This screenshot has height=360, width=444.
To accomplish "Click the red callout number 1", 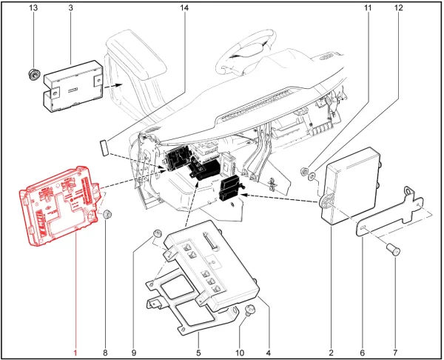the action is tap(75, 353).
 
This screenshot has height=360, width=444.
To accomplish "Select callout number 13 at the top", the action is tap(33, 7).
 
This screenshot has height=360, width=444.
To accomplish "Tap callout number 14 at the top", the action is tap(184, 7).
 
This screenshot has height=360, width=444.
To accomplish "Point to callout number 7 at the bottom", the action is tap(395, 353).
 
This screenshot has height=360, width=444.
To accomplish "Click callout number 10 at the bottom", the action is tap(240, 353).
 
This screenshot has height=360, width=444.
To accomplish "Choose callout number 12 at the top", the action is tap(398, 7).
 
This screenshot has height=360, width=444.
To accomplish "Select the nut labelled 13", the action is tap(34, 75).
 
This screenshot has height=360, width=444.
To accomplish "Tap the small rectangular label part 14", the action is tap(104, 147).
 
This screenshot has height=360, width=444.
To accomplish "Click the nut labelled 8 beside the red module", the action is tap(107, 214).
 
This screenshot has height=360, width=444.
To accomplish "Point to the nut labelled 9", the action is tap(157, 234).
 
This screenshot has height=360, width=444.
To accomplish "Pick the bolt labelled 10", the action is tap(249, 310).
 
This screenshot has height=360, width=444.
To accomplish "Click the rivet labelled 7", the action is tap(394, 250).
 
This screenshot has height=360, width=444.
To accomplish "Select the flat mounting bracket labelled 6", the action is tap(390, 211).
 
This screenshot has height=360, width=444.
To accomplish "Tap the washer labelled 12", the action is tap(312, 176).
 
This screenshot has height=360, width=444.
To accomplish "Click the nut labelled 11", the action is tap(304, 171).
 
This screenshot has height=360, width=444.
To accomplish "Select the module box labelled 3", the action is tap(73, 86).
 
